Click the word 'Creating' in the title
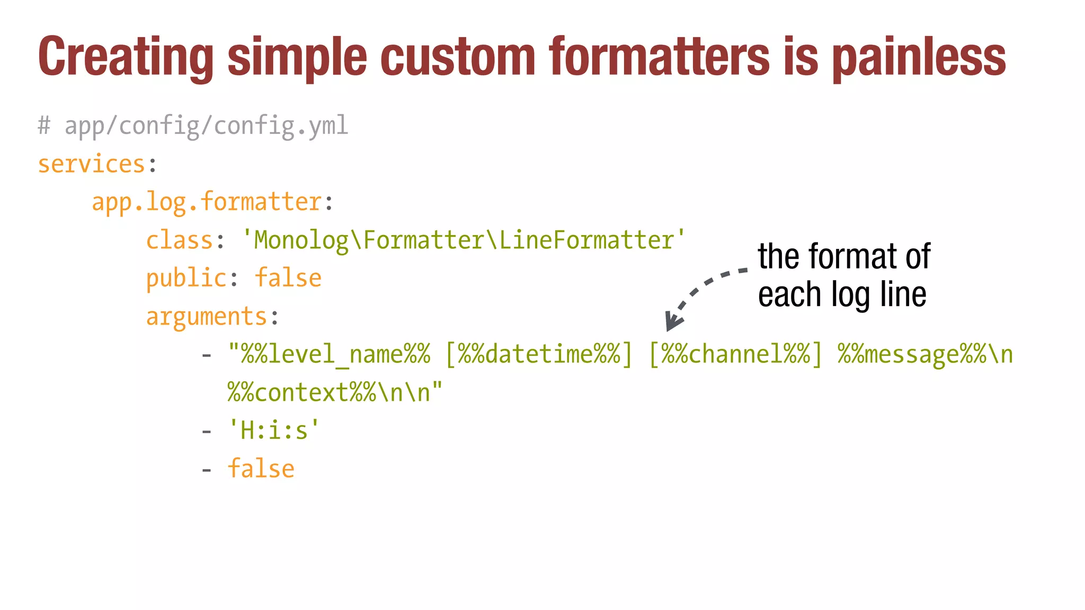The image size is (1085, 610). click(x=126, y=57)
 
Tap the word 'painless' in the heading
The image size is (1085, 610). click(x=919, y=57)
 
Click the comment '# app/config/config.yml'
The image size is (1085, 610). click(x=193, y=126)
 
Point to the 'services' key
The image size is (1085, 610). click(x=91, y=164)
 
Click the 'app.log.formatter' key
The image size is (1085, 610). click(x=207, y=202)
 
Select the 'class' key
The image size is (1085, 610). click(x=179, y=240)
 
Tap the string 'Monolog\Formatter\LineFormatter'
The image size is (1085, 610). click(x=464, y=240)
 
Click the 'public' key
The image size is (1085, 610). click(x=186, y=279)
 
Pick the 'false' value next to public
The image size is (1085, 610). click(x=288, y=279)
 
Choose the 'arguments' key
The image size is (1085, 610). click(x=206, y=317)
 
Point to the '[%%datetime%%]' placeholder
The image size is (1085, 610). click(x=539, y=355)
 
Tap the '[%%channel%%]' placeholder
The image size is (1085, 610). click(x=736, y=355)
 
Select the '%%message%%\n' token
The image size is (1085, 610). click(x=925, y=355)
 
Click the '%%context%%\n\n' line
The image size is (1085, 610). click(x=335, y=393)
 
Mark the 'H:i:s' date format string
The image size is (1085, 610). click(x=274, y=430)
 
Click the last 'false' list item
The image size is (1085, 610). click(x=261, y=469)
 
